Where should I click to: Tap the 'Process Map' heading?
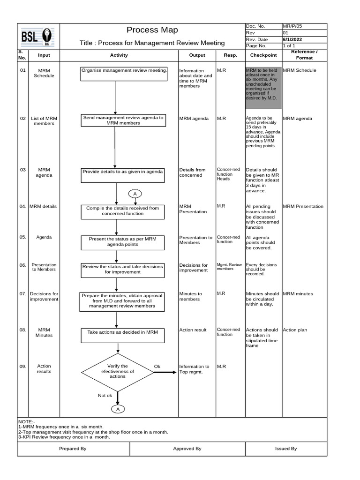click(x=152, y=30)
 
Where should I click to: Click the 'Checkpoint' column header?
click(x=263, y=55)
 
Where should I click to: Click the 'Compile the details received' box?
click(x=122, y=211)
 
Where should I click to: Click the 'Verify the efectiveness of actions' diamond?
click(x=118, y=371)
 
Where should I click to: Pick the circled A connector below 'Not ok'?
click(x=118, y=409)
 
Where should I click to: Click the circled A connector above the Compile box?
click(x=135, y=194)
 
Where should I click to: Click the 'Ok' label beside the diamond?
click(x=157, y=366)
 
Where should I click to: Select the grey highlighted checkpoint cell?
click(x=263, y=88)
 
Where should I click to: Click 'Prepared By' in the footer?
click(x=73, y=449)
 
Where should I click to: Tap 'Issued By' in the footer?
click(x=286, y=449)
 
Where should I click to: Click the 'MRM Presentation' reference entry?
click(x=303, y=206)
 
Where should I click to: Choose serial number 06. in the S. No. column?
click(x=23, y=265)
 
